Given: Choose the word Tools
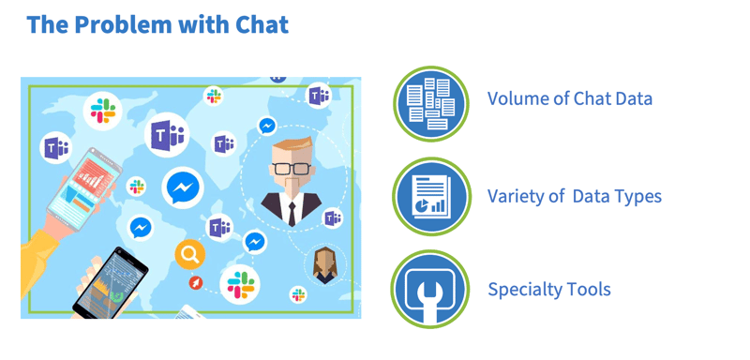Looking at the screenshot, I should tap(590, 289).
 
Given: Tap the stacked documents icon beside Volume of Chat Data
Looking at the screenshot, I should tap(430, 103).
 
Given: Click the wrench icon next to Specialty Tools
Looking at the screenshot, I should tap(430, 289).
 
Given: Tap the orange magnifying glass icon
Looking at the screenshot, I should tap(189, 253).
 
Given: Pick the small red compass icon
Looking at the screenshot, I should tap(196, 282).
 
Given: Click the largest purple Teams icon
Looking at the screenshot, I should tap(168, 137).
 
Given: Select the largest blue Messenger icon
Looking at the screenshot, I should tap(183, 187).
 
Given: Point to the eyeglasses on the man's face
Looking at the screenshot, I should tap(291, 169).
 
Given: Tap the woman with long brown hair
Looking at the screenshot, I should tap(324, 265).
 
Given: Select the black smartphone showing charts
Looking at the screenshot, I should tap(111, 282).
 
